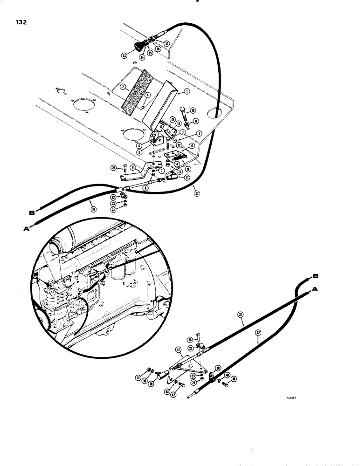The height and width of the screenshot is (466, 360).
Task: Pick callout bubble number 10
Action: click(193, 110)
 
